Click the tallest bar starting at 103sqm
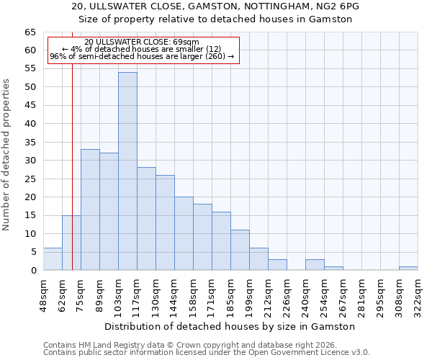point(127,171)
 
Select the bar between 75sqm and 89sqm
point(90,210)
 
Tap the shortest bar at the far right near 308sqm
point(408,268)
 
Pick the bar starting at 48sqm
point(53,259)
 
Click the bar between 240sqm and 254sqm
point(315,264)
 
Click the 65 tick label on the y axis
point(30,32)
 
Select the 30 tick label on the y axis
point(30,161)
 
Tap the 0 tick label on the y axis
point(33,271)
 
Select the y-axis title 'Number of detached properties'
point(7,155)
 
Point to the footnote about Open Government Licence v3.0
point(207,353)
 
